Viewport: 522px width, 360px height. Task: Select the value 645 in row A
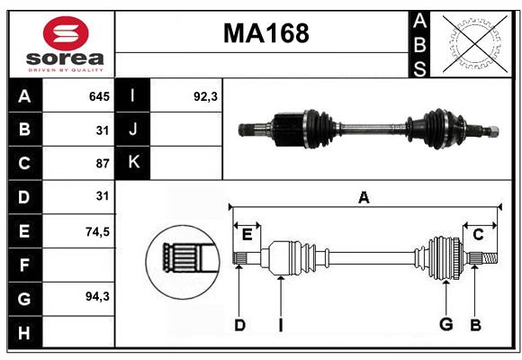click(x=98, y=96)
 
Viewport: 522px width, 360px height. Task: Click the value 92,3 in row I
click(x=206, y=96)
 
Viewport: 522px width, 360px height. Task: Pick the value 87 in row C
click(x=102, y=164)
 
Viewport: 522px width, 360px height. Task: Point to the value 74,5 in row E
click(x=96, y=231)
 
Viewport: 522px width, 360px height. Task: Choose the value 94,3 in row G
click(x=96, y=296)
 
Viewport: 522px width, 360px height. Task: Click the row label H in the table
click(x=24, y=333)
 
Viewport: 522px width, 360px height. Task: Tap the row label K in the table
click(x=133, y=163)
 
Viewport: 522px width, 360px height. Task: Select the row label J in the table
click(x=133, y=130)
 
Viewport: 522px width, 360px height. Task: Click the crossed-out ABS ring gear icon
click(x=469, y=43)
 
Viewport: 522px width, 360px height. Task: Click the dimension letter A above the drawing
click(x=364, y=197)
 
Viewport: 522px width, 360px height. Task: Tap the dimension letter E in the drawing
click(x=247, y=235)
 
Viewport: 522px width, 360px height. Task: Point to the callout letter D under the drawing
click(x=239, y=325)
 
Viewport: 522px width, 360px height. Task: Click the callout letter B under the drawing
click(x=475, y=325)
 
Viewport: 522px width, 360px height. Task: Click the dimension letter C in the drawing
click(x=478, y=235)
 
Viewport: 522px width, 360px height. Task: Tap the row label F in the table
click(x=24, y=265)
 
